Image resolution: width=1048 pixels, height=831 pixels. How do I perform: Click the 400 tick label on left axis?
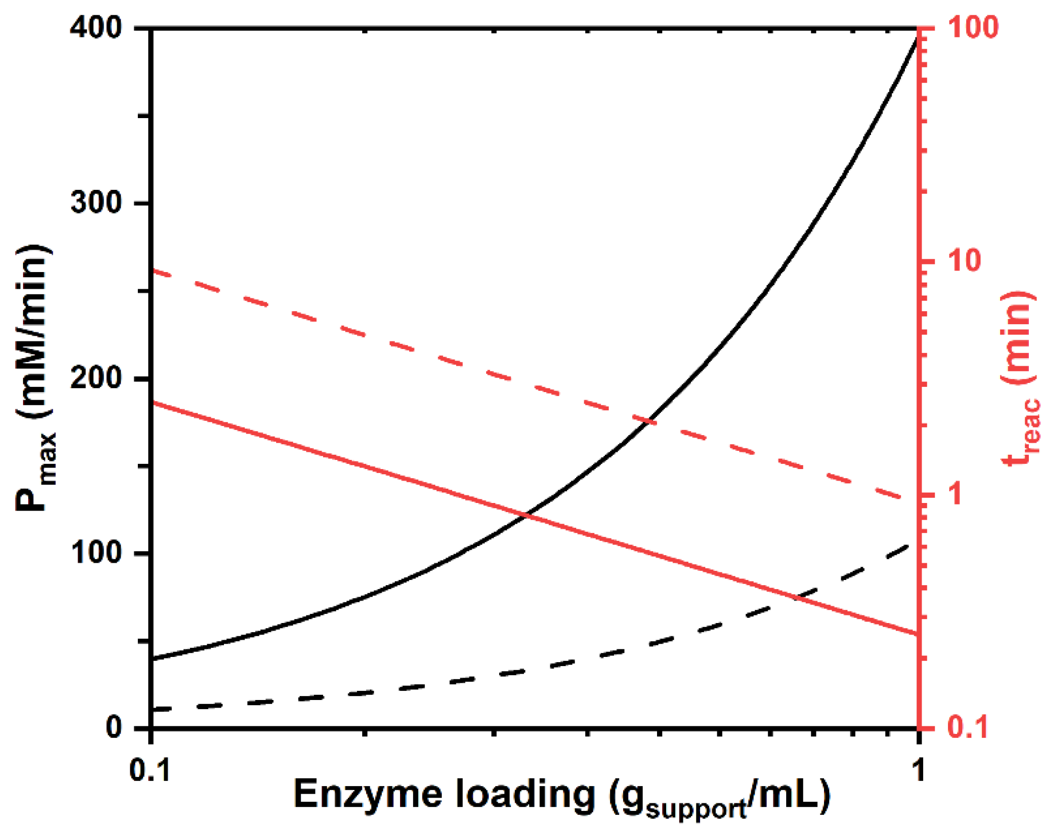[95, 28]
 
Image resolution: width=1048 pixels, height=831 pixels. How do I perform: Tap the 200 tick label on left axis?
[95, 377]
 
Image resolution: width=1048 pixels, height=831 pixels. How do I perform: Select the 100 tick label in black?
[95, 553]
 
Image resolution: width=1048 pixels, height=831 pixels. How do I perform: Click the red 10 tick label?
[963, 261]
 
